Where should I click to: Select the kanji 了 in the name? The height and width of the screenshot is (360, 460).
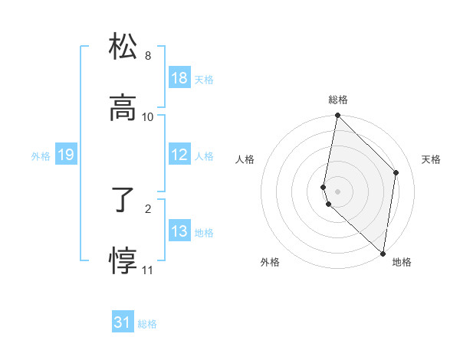tap(123, 201)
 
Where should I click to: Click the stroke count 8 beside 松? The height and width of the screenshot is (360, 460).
tap(148, 56)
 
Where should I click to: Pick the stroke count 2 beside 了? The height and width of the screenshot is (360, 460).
tap(148, 208)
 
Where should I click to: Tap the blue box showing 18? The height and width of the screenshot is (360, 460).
tap(179, 78)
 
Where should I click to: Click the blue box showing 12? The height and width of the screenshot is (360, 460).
tap(179, 155)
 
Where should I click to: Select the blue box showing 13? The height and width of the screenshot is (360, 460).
tap(179, 231)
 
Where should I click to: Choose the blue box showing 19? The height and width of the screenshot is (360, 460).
tap(65, 155)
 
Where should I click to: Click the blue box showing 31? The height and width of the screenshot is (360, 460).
tap(123, 323)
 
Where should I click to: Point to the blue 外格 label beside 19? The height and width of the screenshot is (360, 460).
tap(41, 156)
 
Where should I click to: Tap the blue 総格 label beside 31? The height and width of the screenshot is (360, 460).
tap(147, 324)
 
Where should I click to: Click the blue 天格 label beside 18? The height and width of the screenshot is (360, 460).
tap(204, 79)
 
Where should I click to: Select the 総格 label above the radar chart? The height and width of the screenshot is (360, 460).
tap(338, 100)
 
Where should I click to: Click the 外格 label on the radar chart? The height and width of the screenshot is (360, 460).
tap(270, 262)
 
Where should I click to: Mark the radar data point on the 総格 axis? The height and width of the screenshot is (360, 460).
tap(338, 116)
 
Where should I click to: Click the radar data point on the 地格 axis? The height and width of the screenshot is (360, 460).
tap(383, 254)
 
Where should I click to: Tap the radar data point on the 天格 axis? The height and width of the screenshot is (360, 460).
tap(396, 172)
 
